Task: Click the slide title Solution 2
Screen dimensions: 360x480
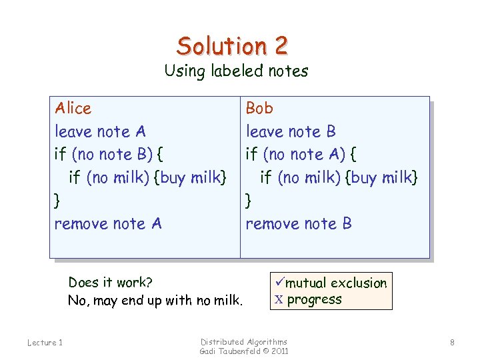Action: [232, 45]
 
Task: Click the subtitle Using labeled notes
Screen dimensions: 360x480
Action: [236, 71]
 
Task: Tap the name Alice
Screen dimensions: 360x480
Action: [73, 108]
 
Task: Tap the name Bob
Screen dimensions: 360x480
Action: [259, 108]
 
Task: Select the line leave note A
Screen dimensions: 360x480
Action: [100, 131]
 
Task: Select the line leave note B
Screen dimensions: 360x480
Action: [291, 131]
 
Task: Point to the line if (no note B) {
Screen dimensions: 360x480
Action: [109, 155]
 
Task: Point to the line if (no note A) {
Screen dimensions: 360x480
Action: [301, 155]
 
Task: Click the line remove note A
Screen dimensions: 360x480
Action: [108, 223]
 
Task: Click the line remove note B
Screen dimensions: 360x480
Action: [299, 223]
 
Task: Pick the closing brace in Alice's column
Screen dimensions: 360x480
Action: [57, 200]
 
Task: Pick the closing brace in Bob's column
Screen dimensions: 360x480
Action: [249, 200]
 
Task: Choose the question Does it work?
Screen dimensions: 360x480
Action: [110, 283]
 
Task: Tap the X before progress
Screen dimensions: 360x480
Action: [278, 299]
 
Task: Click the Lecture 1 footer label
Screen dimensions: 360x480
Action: [45, 343]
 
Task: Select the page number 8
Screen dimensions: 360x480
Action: [452, 343]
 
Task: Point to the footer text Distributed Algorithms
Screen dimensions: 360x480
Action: [244, 341]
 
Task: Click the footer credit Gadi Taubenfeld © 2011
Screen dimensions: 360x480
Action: [244, 351]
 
